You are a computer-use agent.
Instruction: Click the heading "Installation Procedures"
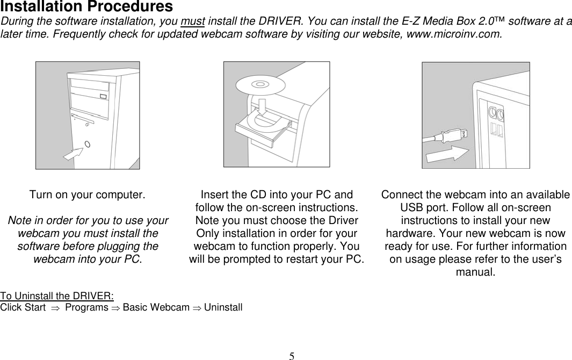click(x=87, y=7)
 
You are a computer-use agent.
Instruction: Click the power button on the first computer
click(x=88, y=144)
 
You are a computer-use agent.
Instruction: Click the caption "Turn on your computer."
click(x=87, y=195)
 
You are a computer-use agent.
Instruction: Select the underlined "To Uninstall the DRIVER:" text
click(x=57, y=296)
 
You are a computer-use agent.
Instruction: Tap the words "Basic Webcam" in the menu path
click(x=156, y=308)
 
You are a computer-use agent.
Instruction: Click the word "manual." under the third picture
click(x=475, y=272)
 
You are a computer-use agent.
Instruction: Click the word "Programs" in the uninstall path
click(x=86, y=308)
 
